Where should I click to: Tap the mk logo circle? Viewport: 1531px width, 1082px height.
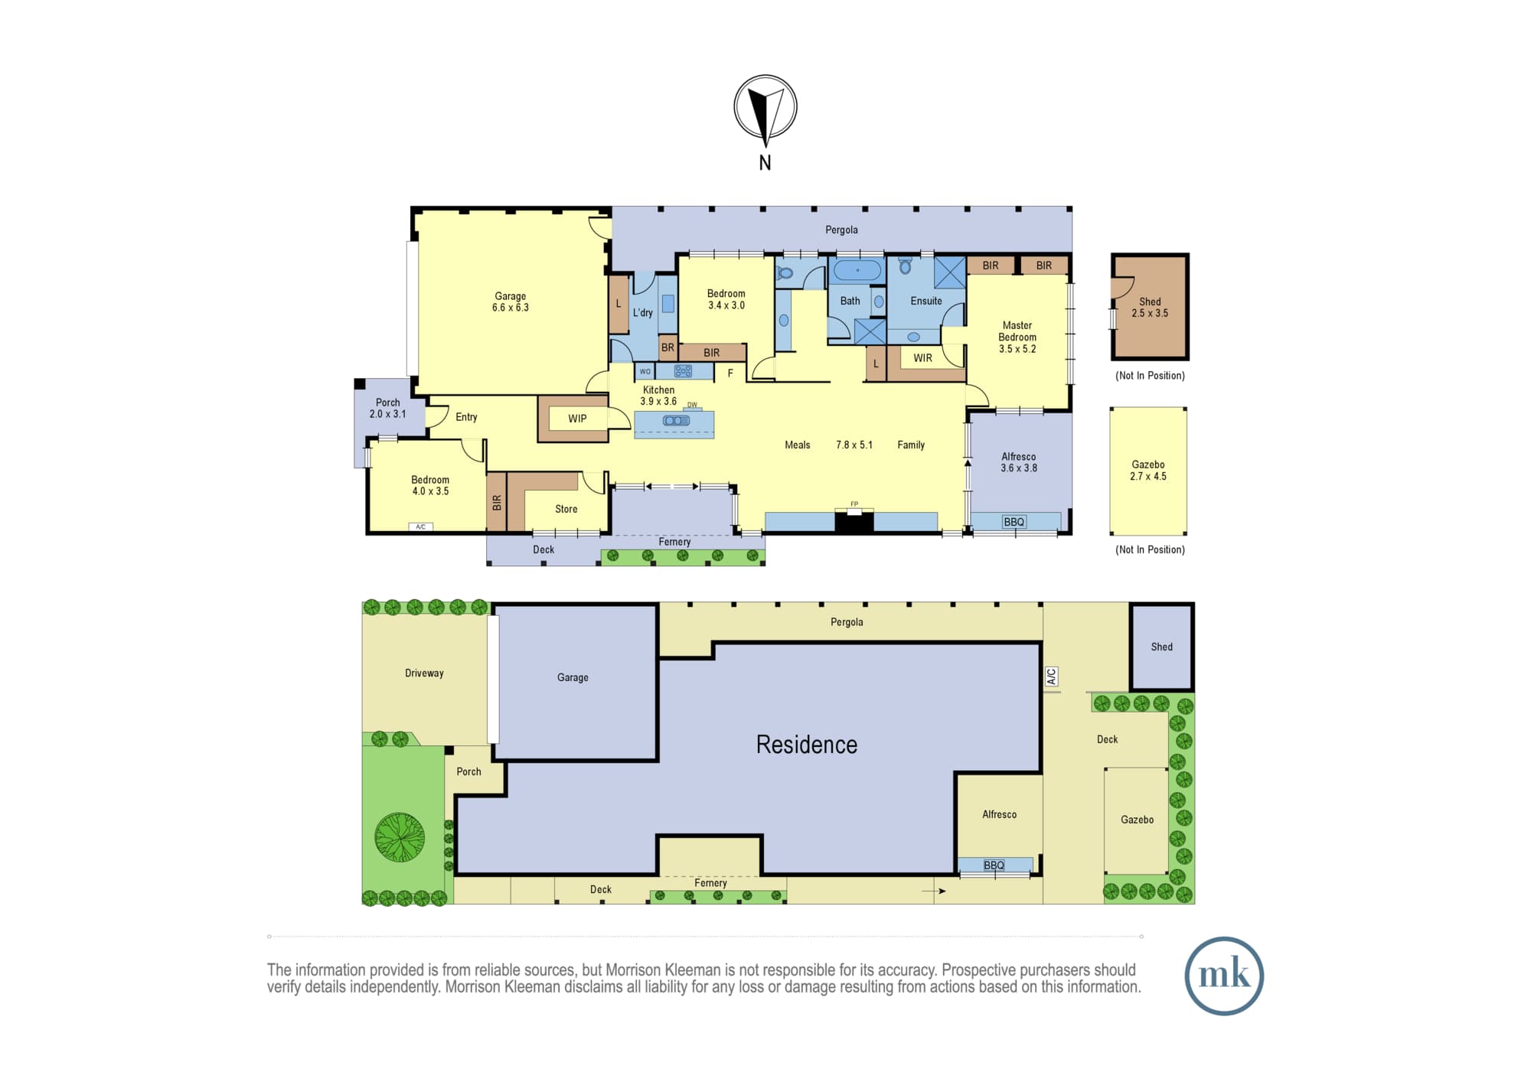(x=1224, y=976)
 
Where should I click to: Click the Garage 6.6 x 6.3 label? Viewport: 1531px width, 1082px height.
(x=511, y=301)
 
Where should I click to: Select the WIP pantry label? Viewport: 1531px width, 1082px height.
(x=577, y=419)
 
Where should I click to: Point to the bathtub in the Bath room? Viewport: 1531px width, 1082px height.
(x=857, y=271)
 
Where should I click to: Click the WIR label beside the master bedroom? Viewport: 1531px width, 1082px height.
(x=922, y=358)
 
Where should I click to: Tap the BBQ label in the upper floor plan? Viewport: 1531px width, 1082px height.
(x=1014, y=522)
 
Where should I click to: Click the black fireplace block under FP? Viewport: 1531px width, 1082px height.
(x=854, y=523)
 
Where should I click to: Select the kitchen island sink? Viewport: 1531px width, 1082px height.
(x=676, y=421)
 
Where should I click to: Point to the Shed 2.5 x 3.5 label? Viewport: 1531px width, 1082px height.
(x=1150, y=308)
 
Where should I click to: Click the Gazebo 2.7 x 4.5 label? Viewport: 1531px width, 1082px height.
(x=1148, y=471)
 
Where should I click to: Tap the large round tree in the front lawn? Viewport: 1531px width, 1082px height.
(x=400, y=837)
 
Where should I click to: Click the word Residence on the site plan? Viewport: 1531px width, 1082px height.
(x=807, y=745)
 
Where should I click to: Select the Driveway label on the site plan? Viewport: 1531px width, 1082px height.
(x=424, y=673)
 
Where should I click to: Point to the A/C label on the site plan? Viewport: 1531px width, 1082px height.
(x=1051, y=676)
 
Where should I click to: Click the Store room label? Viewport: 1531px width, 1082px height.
(x=566, y=509)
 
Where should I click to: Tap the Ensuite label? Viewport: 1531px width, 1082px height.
(x=926, y=301)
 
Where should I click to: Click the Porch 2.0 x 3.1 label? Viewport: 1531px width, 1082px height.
(x=388, y=408)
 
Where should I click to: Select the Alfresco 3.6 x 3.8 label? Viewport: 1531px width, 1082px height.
(x=1019, y=462)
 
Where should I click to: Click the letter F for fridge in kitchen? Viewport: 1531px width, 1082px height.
(x=730, y=373)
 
